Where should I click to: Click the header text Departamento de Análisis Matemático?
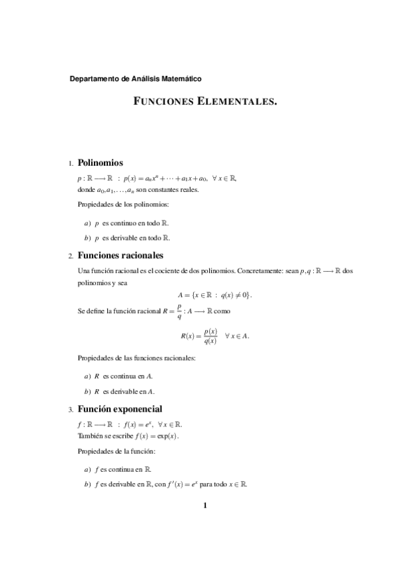click(135, 79)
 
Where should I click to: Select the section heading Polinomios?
click(100, 162)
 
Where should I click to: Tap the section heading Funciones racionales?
click(121, 255)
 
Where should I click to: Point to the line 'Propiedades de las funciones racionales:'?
click(136, 358)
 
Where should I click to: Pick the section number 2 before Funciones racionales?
click(71, 256)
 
